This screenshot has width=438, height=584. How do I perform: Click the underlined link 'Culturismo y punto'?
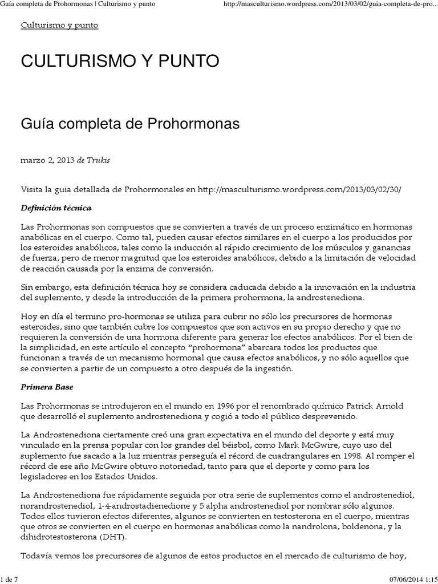[x=59, y=26]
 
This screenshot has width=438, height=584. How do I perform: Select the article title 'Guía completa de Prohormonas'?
[x=130, y=123]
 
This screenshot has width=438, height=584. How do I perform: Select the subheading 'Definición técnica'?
[x=56, y=208]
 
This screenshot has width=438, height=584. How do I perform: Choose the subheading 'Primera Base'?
[x=48, y=386]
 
